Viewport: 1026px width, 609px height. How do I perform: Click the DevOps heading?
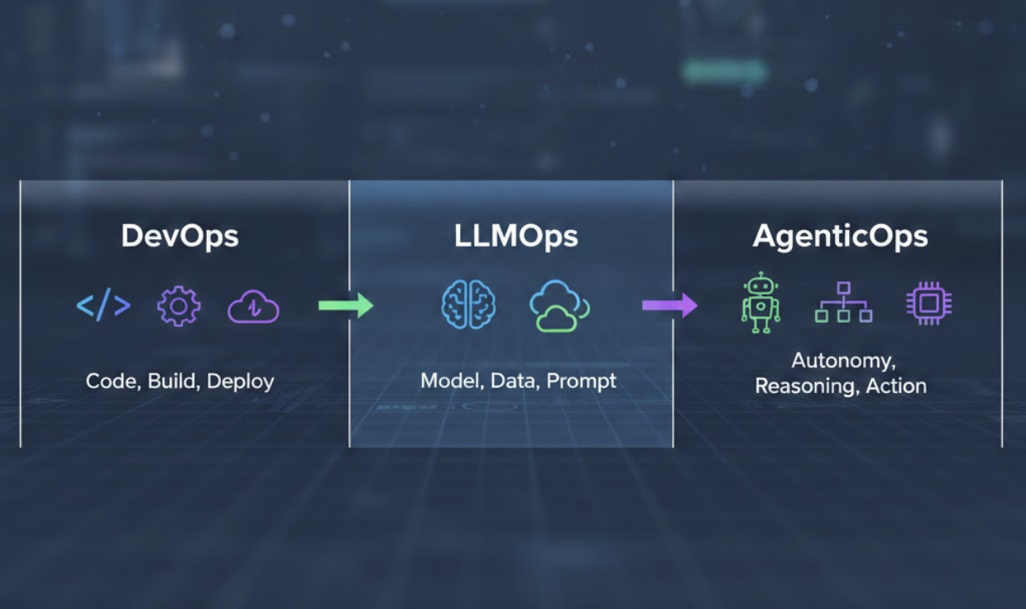tap(180, 237)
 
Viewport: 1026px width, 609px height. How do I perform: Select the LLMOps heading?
tap(515, 237)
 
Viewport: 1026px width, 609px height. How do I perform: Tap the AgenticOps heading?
tap(840, 237)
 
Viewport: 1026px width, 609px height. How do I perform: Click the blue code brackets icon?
tap(103, 306)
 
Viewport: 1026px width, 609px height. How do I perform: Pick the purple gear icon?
tap(179, 306)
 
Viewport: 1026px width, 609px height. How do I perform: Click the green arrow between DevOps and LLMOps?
tap(346, 306)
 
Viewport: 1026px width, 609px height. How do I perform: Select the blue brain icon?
tap(468, 305)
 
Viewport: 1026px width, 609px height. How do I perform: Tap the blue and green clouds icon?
tap(559, 306)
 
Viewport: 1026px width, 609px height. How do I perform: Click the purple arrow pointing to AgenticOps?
tap(669, 305)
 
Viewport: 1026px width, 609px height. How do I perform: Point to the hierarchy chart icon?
tap(843, 303)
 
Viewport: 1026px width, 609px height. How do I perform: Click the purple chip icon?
tap(928, 303)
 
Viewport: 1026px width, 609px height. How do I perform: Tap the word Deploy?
tap(240, 382)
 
